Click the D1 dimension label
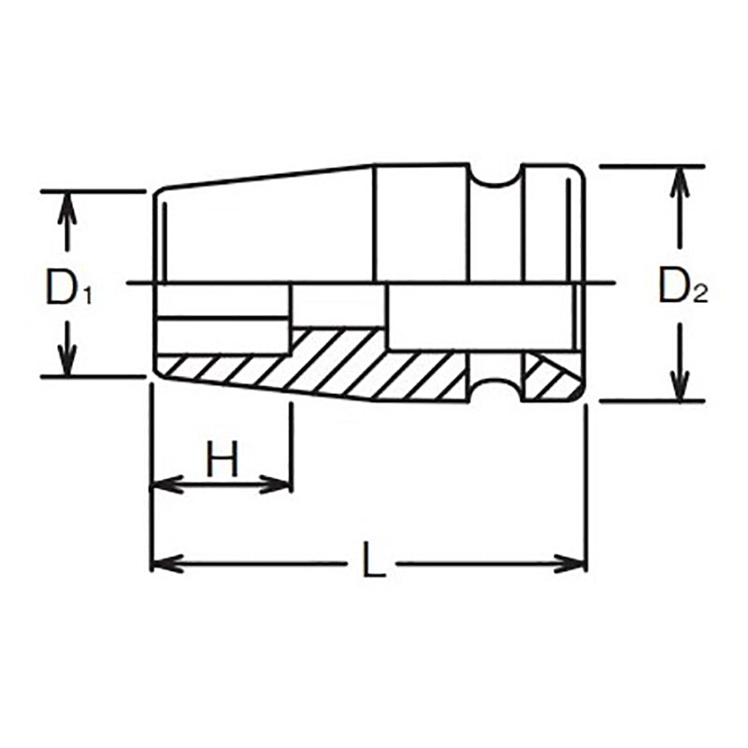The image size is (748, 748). click(68, 287)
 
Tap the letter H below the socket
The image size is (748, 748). click(223, 460)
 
